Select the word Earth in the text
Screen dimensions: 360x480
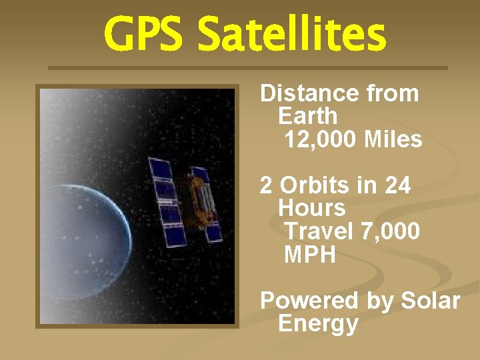click(308, 116)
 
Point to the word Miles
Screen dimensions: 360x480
click(393, 139)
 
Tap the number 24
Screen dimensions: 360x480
click(397, 185)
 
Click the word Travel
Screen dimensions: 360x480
click(319, 231)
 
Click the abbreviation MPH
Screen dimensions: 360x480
click(310, 255)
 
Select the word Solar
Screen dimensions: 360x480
click(430, 301)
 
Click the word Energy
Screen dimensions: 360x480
click(318, 324)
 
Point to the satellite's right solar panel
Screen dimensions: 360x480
click(207, 203)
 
